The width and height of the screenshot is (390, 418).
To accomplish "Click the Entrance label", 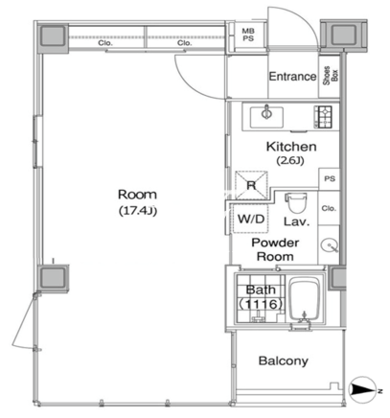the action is point(292,77).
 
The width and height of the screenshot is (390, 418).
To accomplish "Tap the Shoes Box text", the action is point(331,76).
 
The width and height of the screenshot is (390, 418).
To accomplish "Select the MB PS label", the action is point(248,35).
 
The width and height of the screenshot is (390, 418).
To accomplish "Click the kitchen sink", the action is point(266,117).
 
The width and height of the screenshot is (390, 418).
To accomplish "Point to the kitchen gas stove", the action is point(323,117).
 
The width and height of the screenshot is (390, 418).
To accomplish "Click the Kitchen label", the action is point(291,147).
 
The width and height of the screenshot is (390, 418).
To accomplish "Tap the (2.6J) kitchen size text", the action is point(290,161).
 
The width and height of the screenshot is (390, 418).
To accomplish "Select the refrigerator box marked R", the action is point(251,185).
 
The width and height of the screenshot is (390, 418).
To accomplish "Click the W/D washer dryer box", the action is point(251,219).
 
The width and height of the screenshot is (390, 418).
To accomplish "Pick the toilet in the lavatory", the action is point(296,202).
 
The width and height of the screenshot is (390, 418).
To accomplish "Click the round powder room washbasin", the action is point(329,246).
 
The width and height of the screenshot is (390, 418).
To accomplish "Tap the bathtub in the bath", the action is point(305,300).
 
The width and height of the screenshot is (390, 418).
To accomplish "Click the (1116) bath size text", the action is point(261,304).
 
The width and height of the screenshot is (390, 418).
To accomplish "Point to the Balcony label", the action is point(284,360).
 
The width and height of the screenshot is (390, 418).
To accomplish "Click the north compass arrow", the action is point(363,389).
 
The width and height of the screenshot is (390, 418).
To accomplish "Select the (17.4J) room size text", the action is point(138,211).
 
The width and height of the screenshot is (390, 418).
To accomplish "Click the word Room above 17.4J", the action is point(137,195).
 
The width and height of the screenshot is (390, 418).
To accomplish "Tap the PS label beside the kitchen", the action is point(330,178).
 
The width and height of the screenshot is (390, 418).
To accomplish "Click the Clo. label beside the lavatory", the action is point(329,208).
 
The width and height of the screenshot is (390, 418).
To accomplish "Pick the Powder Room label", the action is point(275,249).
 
